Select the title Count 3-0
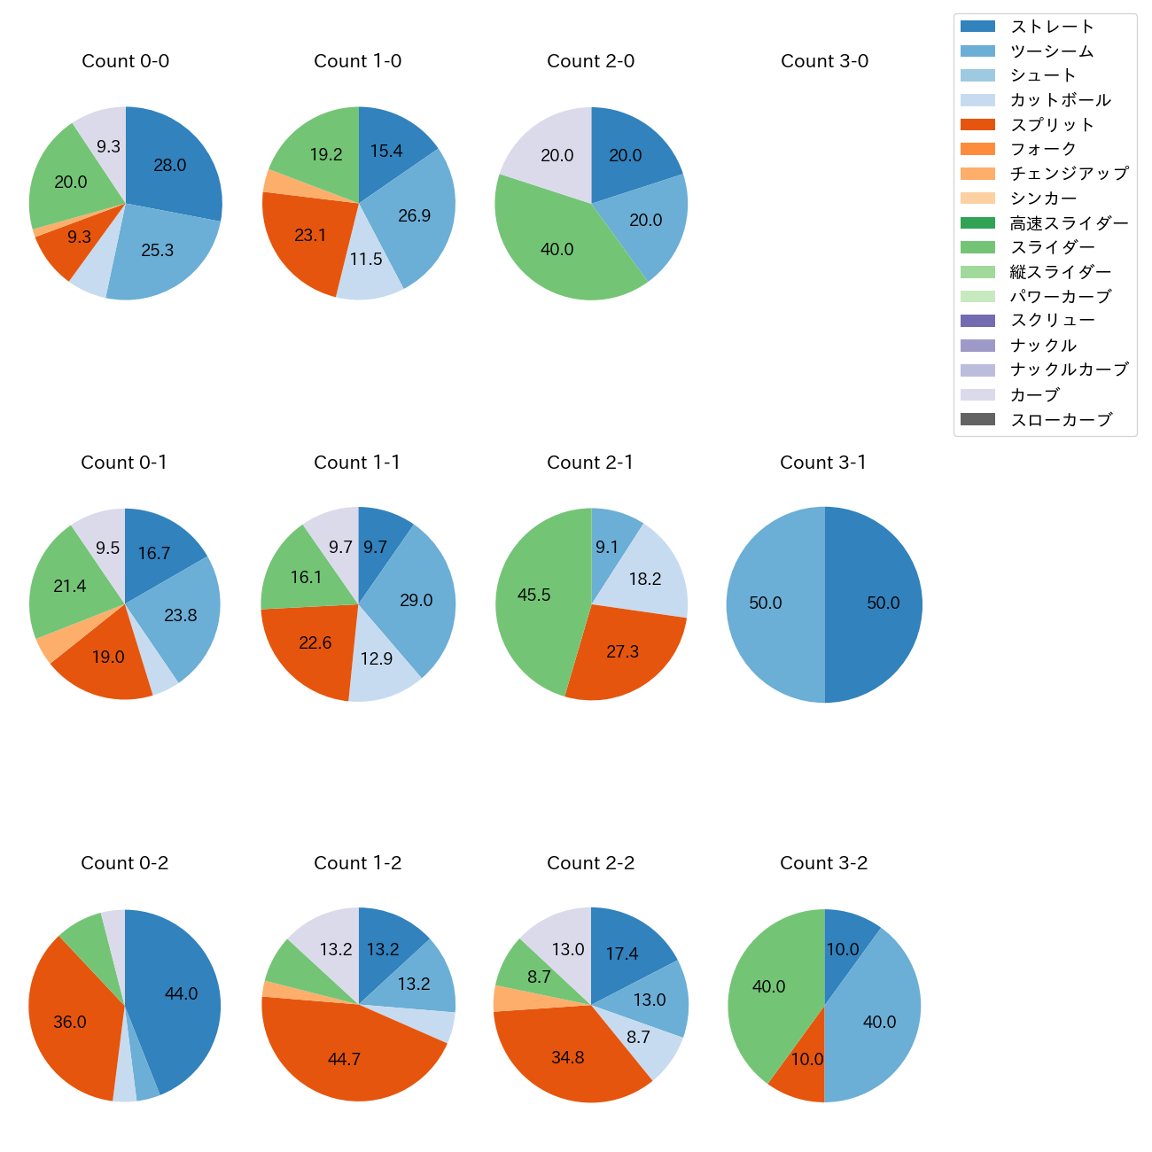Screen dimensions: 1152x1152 [824, 61]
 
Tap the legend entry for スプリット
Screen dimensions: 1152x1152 [1052, 125]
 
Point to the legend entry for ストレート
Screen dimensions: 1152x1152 [1052, 27]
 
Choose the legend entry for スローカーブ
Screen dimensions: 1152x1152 [1061, 420]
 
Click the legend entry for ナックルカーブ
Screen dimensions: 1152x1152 [1069, 370]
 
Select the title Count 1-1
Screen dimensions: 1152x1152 [357, 463]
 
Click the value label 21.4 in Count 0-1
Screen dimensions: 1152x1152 [70, 587]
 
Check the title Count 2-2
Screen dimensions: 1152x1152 [590, 863]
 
